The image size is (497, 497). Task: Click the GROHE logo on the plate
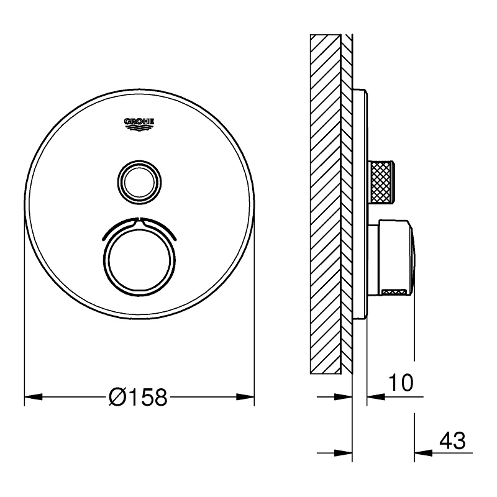tap(139, 125)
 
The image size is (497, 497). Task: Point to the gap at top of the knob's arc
tap(139, 220)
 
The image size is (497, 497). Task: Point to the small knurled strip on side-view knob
tap(396, 291)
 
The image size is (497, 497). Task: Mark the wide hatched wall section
tap(324, 205)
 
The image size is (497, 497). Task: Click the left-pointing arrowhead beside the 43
tap(422, 452)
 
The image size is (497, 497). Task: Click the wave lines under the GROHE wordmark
tap(139, 129)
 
